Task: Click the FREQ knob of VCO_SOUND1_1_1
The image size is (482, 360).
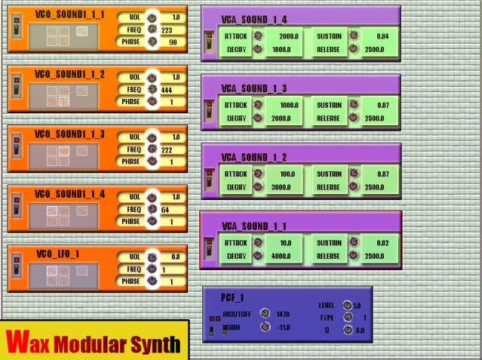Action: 152,29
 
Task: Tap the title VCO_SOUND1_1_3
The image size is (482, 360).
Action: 70,134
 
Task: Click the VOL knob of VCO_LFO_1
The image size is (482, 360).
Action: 152,257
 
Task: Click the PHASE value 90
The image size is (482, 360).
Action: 173,42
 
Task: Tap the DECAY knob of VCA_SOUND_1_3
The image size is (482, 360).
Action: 258,118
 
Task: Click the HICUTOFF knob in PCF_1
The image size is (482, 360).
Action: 264,313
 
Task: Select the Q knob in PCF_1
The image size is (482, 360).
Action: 347,329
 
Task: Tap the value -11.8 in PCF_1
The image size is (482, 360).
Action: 284,328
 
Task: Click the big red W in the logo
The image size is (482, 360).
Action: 17,340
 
